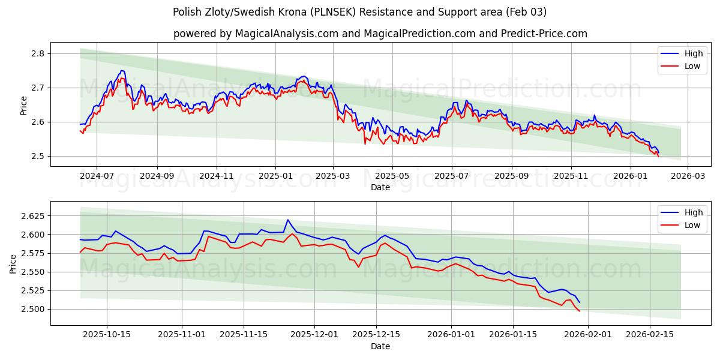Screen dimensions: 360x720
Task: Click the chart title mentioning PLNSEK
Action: point(359,12)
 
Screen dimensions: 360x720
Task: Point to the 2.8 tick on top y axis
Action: point(37,53)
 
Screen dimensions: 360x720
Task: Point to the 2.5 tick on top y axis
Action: point(37,156)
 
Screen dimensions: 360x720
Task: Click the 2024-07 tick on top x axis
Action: point(97,176)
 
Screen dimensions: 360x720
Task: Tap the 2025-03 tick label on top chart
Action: point(332,176)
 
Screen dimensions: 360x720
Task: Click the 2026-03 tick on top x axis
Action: point(687,176)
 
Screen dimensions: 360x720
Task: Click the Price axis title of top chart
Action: point(24,105)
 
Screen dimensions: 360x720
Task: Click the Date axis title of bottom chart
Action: point(380,346)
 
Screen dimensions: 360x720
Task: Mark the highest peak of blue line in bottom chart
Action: point(287,220)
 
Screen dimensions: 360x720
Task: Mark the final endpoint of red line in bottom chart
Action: point(579,311)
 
